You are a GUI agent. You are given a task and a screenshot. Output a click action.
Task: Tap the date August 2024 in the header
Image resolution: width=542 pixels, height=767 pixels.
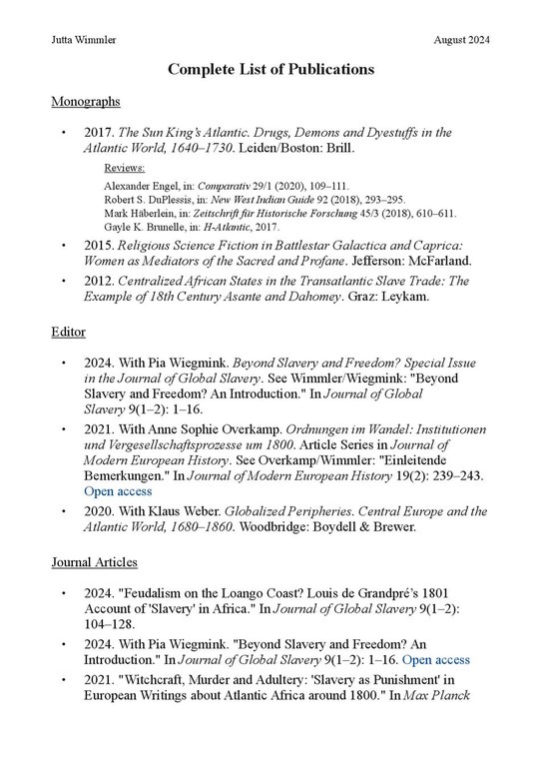[462, 39]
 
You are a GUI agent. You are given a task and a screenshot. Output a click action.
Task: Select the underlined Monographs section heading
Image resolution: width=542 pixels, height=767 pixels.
[85, 102]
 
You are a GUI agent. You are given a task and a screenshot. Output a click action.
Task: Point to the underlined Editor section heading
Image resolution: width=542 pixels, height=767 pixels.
[68, 331]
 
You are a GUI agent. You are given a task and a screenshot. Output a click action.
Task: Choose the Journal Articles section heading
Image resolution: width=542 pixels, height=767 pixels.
[94, 562]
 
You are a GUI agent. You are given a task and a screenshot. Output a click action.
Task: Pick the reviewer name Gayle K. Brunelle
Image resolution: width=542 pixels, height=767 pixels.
[143, 227]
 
